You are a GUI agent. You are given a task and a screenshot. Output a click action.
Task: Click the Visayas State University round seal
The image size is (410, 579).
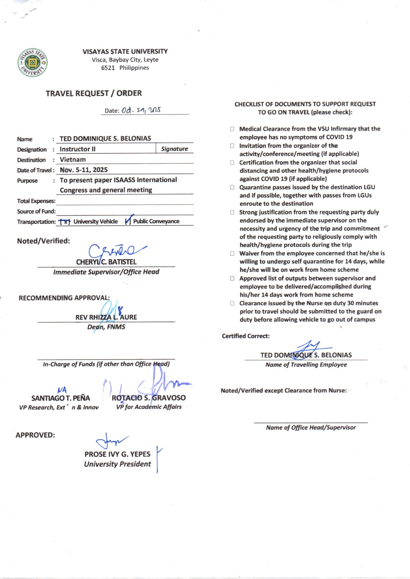[x=33, y=62]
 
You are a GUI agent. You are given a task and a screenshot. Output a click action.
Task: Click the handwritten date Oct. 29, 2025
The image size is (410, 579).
[x=141, y=110]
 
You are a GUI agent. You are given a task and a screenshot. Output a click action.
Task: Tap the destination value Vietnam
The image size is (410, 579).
[x=73, y=159]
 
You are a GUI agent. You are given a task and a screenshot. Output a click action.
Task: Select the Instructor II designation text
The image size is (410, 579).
[x=78, y=149]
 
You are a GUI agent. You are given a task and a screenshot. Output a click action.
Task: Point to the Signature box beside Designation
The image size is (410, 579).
[x=174, y=149]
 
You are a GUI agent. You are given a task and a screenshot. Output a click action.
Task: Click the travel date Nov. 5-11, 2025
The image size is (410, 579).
[x=84, y=170]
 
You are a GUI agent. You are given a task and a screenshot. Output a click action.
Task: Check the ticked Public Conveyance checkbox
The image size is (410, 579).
[x=128, y=221]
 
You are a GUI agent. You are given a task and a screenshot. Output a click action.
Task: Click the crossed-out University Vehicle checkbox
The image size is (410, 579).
[x=65, y=222]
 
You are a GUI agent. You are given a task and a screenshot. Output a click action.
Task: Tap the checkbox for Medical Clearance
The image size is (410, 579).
[x=232, y=129]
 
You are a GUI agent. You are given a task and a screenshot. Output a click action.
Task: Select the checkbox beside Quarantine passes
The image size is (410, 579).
[x=232, y=187]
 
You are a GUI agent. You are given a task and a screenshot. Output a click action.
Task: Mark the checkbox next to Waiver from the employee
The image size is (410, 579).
[x=232, y=253]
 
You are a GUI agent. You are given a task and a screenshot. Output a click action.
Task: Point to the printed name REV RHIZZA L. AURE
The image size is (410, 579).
[x=106, y=317]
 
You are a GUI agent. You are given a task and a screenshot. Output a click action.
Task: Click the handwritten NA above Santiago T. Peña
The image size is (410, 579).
[x=62, y=390]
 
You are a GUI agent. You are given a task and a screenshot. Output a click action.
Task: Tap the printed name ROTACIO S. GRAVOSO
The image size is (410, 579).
[x=149, y=398]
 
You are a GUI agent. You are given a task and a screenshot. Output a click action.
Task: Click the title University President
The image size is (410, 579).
[x=117, y=464]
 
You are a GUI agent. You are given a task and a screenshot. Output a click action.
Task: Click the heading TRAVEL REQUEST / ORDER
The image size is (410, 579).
[x=94, y=93]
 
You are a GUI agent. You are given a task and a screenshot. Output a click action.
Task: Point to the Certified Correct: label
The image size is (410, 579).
[x=246, y=336]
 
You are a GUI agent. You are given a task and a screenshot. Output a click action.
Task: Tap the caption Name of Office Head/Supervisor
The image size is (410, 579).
[x=311, y=427]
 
